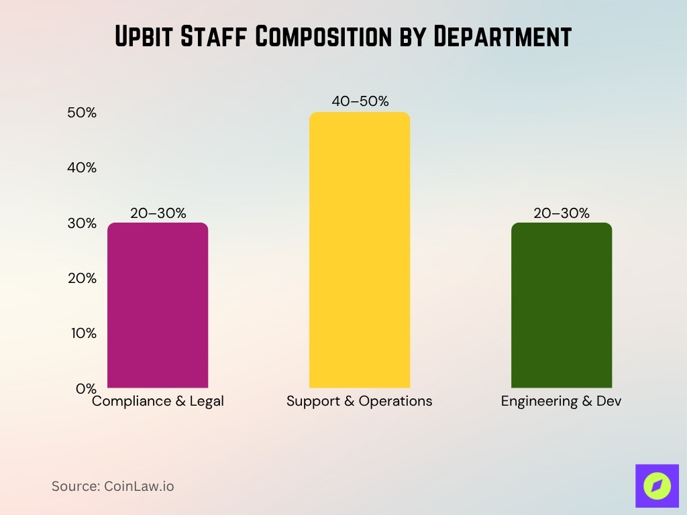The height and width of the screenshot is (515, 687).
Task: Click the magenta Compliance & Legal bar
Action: point(158,305)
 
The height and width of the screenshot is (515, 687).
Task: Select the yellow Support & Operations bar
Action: point(360,249)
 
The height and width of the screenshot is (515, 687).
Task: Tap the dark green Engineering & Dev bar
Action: point(562,305)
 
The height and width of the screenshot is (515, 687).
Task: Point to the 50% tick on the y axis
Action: point(82,113)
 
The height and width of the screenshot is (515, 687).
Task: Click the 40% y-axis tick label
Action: point(82,168)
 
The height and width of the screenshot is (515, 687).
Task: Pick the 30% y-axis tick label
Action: point(82,223)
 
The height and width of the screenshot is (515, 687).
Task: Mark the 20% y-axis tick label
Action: point(82,278)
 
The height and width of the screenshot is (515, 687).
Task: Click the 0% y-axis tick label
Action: point(85,388)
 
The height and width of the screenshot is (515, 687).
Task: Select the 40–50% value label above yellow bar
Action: point(360,101)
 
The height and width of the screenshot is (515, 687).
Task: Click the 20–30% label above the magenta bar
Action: point(158,213)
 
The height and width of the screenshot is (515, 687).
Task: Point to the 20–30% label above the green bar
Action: point(562,213)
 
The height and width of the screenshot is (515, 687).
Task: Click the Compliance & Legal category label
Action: point(158,402)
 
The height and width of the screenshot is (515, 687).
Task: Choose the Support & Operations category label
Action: point(360,402)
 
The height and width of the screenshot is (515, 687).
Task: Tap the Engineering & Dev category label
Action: point(562,402)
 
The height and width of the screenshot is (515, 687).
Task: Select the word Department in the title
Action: point(501,37)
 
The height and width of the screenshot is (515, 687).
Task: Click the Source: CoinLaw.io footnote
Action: point(113,486)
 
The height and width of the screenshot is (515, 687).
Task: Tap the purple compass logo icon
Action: point(657,485)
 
